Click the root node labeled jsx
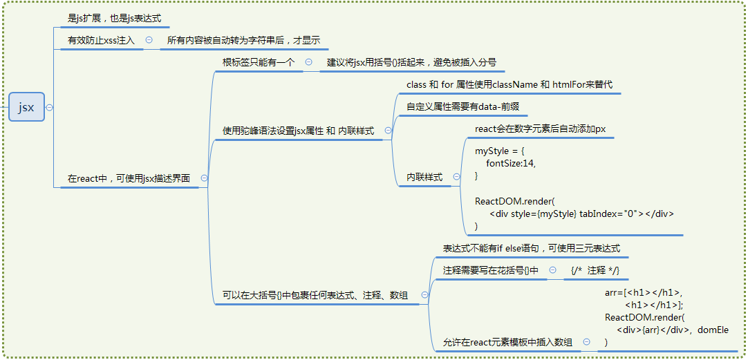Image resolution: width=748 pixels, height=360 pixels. pyautogui.click(x=26, y=107)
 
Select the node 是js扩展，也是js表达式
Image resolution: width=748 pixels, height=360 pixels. pyautogui.click(x=114, y=18)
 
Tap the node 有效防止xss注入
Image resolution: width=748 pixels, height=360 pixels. pyautogui.click(x=101, y=41)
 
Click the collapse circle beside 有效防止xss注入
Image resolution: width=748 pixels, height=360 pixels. pyautogui.click(x=149, y=41)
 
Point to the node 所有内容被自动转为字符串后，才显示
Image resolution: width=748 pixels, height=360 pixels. pyautogui.click(x=243, y=41)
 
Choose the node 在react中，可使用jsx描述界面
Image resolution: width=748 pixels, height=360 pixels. pyautogui.click(x=129, y=178)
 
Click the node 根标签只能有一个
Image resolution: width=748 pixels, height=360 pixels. pyautogui.click(x=258, y=62)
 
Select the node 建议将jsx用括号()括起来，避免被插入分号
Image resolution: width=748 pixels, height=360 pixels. pyautogui.click(x=411, y=62)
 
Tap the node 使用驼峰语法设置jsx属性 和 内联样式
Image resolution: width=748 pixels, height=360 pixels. pyautogui.click(x=298, y=131)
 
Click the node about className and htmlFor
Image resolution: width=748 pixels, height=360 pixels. pyautogui.click(x=509, y=84)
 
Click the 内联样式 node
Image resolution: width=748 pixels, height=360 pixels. pyautogui.click(x=424, y=178)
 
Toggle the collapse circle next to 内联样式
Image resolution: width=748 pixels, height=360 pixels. pyautogui.click(x=457, y=177)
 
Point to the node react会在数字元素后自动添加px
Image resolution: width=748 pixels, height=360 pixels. pyautogui.click(x=540, y=129)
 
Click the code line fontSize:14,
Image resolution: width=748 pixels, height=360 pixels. pyautogui.click(x=511, y=163)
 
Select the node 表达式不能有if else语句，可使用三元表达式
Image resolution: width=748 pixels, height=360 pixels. pyautogui.click(x=531, y=248)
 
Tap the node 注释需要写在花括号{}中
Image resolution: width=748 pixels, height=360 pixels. pyautogui.click(x=490, y=270)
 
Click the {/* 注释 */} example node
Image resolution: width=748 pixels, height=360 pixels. pyautogui.click(x=595, y=270)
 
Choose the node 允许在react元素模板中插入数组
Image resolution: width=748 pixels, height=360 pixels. pyautogui.click(x=507, y=342)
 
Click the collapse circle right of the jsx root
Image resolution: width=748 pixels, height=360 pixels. pyautogui.click(x=49, y=107)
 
